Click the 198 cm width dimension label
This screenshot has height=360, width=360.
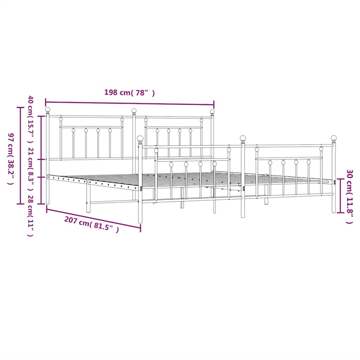point(130,93)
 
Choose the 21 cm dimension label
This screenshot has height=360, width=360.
point(30,162)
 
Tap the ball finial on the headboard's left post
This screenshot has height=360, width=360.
point(48,110)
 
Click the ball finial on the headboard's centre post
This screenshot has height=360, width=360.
point(134,111)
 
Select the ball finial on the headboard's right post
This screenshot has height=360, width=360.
point(212,112)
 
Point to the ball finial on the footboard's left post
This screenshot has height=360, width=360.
point(140,138)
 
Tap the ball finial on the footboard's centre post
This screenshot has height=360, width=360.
point(243,138)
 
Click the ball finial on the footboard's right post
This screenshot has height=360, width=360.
point(334,138)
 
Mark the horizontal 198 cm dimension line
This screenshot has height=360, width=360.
point(130,103)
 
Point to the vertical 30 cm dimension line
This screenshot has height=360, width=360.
point(340,196)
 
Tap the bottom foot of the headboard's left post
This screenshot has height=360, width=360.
point(48,202)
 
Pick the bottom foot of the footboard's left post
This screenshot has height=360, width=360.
point(140,221)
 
